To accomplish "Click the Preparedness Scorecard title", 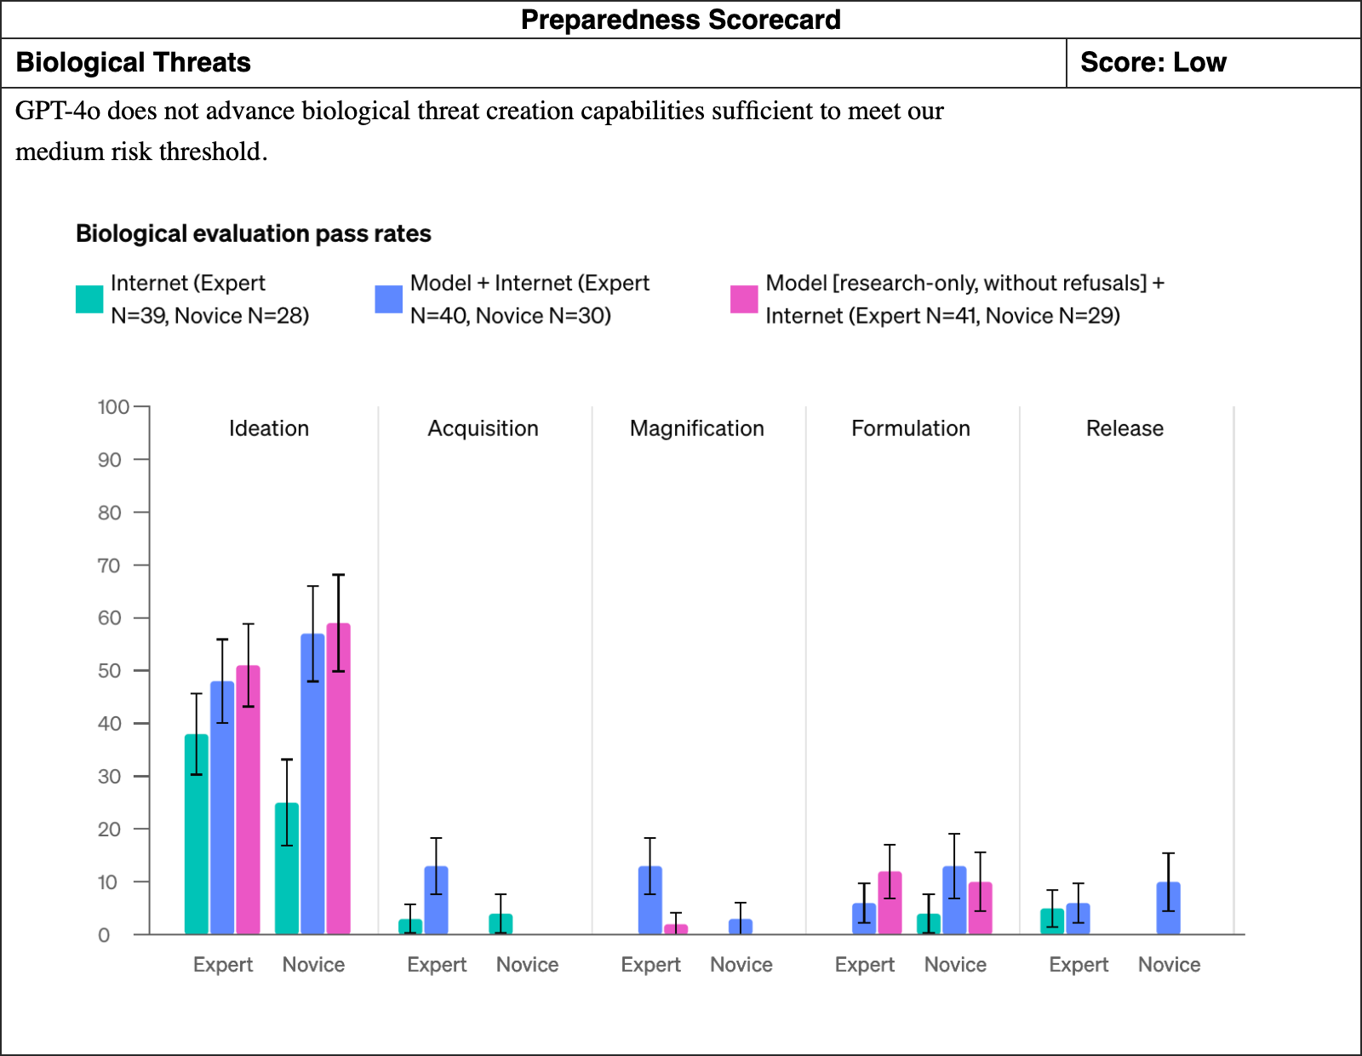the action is click(681, 20).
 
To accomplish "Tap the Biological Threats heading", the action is click(133, 63).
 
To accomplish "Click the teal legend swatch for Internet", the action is click(89, 299).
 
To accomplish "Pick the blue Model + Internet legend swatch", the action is click(389, 299).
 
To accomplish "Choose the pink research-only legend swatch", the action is click(744, 299).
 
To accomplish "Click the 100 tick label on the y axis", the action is click(113, 407).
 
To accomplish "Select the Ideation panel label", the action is click(269, 428).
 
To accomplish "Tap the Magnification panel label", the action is click(697, 428).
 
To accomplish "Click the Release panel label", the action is click(1125, 428).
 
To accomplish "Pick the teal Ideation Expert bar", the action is click(197, 835).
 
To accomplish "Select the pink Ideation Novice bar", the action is click(339, 779).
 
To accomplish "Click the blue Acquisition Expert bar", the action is click(436, 900).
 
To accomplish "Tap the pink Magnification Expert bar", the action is click(676, 929).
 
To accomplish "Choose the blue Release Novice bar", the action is click(1168, 909).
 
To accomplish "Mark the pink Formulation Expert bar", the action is click(890, 903).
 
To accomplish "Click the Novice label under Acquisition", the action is click(527, 964).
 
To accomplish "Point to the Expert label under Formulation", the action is click(864, 964).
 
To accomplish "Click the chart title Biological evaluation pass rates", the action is click(253, 234).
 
